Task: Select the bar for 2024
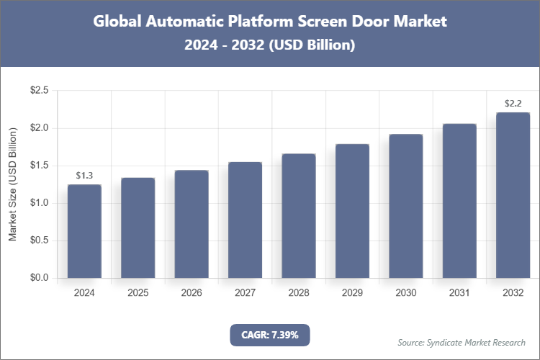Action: coord(84,231)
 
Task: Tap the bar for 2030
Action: coord(405,206)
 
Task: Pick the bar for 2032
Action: coord(513,195)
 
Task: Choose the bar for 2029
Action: coord(352,211)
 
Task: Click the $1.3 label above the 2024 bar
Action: coord(84,176)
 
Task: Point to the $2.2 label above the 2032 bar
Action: coord(513,104)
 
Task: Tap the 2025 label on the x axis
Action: coord(138,293)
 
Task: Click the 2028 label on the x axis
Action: coord(298,293)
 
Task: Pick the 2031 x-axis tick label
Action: coord(459,293)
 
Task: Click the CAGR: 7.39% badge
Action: coord(269,335)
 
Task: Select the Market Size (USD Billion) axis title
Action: coord(12,184)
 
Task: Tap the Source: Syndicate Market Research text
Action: coord(461,342)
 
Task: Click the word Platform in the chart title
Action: coord(255,22)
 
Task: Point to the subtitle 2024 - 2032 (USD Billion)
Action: coord(270,45)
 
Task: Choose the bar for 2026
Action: coord(192,224)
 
